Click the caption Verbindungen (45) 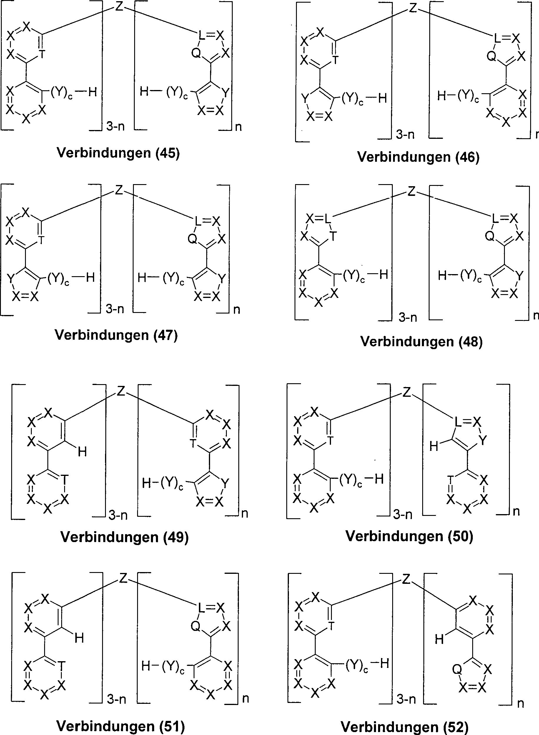pyautogui.click(x=118, y=153)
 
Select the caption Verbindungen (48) pyautogui.click(x=421, y=342)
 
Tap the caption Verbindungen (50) pyautogui.click(x=409, y=536)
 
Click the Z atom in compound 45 pyautogui.click(x=119, y=6)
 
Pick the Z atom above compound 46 pyautogui.click(x=413, y=8)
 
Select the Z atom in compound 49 pyautogui.click(x=121, y=391)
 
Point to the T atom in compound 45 pyautogui.click(x=41, y=55)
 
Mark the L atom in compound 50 pyautogui.click(x=458, y=423)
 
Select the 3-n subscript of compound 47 pyautogui.click(x=115, y=309)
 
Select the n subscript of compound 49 pyautogui.click(x=245, y=514)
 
